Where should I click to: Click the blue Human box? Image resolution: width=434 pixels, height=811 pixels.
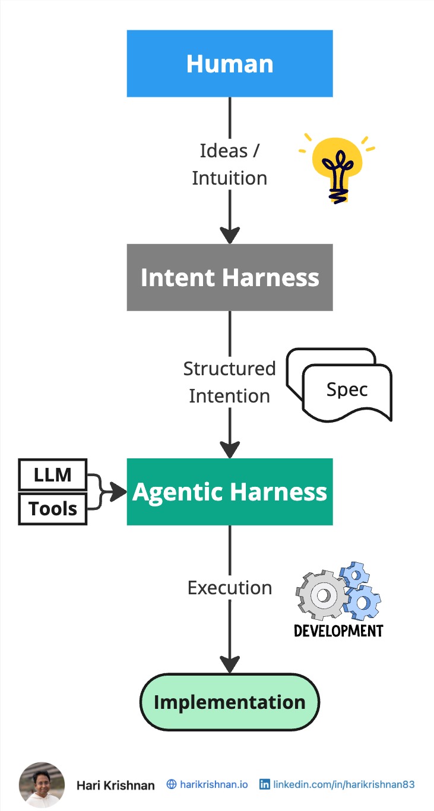pyautogui.click(x=230, y=64)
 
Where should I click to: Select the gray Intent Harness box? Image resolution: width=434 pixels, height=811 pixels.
pyautogui.click(x=230, y=277)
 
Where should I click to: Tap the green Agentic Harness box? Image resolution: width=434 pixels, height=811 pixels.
pyautogui.click(x=230, y=492)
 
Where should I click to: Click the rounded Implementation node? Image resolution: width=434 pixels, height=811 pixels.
pyautogui.click(x=230, y=702)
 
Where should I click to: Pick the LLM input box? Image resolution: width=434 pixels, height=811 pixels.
pyautogui.click(x=53, y=474)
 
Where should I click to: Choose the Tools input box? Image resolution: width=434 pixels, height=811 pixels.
pyautogui.click(x=53, y=508)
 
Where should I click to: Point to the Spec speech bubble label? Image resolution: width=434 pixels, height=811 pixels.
pyautogui.click(x=347, y=389)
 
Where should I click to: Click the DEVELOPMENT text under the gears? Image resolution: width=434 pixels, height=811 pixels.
pyautogui.click(x=338, y=630)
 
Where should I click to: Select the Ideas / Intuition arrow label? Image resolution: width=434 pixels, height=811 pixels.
pyautogui.click(x=230, y=164)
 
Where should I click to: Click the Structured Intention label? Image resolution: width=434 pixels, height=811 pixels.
pyautogui.click(x=230, y=382)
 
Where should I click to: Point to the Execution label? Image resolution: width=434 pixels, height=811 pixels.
pyautogui.click(x=230, y=588)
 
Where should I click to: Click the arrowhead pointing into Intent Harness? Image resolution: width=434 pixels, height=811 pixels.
pyautogui.click(x=230, y=235)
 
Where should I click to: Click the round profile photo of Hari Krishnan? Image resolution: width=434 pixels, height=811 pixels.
pyautogui.click(x=42, y=784)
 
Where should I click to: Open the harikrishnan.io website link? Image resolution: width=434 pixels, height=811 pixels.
pyautogui.click(x=214, y=784)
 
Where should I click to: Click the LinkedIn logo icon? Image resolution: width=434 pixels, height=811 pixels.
pyautogui.click(x=265, y=784)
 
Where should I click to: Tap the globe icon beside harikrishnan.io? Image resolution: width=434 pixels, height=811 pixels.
pyautogui.click(x=172, y=784)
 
